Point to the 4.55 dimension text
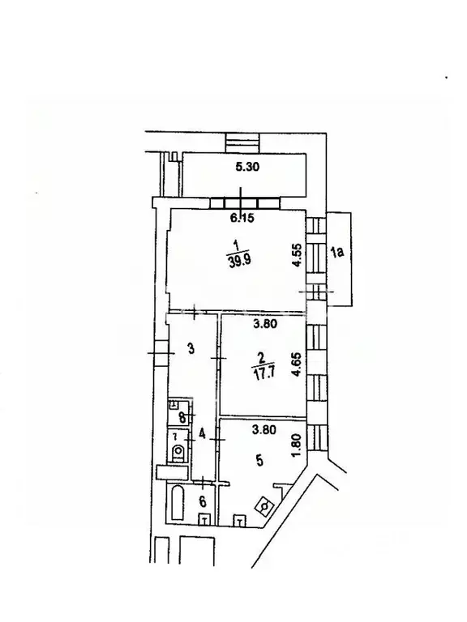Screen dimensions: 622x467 point(298,262)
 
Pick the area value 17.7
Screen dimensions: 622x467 point(261,373)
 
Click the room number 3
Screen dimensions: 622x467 point(190,349)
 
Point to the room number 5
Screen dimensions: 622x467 point(259,461)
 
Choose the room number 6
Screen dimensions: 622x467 point(202,501)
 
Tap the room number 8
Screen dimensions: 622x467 point(182,418)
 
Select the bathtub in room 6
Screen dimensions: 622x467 point(177,503)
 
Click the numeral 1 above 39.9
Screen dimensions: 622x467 point(235,244)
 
